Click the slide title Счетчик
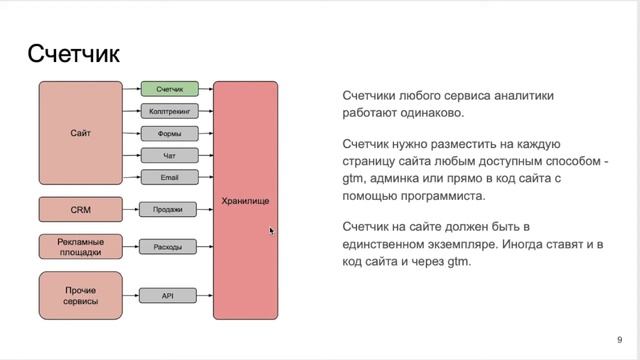pos(73,53)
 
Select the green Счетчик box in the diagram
pos(169,90)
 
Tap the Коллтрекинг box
pos(169,111)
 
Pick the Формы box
pos(169,133)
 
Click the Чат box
pos(169,155)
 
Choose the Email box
pos(169,177)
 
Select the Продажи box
pos(169,209)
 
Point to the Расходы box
pos(169,246)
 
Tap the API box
pos(169,295)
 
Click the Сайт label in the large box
pos(80,133)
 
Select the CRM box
pos(80,209)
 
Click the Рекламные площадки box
pos(80,246)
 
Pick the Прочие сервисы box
pos(80,295)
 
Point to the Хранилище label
pos(245,202)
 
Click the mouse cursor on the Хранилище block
pos(271,231)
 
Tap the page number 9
pos(620,338)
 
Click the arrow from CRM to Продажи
pos(130,209)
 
